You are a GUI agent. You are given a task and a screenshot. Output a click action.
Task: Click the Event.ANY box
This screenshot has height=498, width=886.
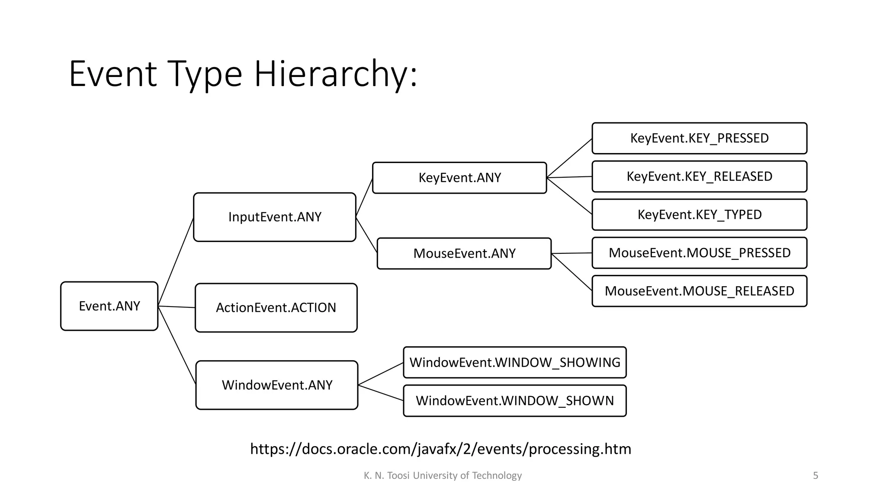click(109, 306)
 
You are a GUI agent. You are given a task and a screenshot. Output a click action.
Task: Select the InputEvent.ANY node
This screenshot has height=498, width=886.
click(275, 217)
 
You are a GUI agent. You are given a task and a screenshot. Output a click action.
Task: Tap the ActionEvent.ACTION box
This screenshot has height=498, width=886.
click(276, 308)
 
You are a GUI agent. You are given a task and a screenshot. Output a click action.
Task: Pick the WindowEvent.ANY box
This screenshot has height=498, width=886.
click(277, 385)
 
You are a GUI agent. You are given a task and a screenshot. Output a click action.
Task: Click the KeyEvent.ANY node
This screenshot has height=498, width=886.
click(459, 178)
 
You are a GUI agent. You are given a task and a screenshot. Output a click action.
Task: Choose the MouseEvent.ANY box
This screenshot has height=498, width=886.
click(464, 253)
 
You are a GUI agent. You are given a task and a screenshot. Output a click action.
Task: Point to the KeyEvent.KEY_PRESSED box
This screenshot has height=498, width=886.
click(699, 138)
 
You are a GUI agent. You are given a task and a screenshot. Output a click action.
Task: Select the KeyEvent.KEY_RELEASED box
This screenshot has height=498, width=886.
click(699, 176)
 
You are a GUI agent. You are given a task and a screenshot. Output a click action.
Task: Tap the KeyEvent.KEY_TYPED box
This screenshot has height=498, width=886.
click(699, 215)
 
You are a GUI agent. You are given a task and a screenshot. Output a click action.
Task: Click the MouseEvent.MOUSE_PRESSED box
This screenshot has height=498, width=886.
click(699, 253)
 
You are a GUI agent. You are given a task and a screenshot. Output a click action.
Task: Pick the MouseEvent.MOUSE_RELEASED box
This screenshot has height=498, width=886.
click(699, 291)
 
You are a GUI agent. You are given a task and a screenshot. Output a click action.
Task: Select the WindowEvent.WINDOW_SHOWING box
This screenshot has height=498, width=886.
click(515, 362)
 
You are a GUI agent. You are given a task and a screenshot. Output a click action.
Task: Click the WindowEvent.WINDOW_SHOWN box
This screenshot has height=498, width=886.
click(515, 401)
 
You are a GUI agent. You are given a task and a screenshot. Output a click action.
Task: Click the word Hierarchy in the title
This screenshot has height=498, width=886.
click(335, 74)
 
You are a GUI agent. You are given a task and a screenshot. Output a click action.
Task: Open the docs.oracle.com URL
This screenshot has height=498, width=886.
click(440, 449)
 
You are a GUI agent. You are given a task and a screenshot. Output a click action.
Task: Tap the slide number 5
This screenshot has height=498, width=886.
click(815, 476)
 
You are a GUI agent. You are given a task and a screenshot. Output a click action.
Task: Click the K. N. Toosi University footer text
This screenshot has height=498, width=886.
click(443, 476)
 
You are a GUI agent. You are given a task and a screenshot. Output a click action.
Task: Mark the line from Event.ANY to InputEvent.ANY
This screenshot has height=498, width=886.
click(176, 262)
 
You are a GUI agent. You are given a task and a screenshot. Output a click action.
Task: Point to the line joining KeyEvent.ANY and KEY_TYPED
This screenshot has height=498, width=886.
click(569, 196)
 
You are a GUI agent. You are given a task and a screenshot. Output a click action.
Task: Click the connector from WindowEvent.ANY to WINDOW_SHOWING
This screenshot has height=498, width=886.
click(381, 374)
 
